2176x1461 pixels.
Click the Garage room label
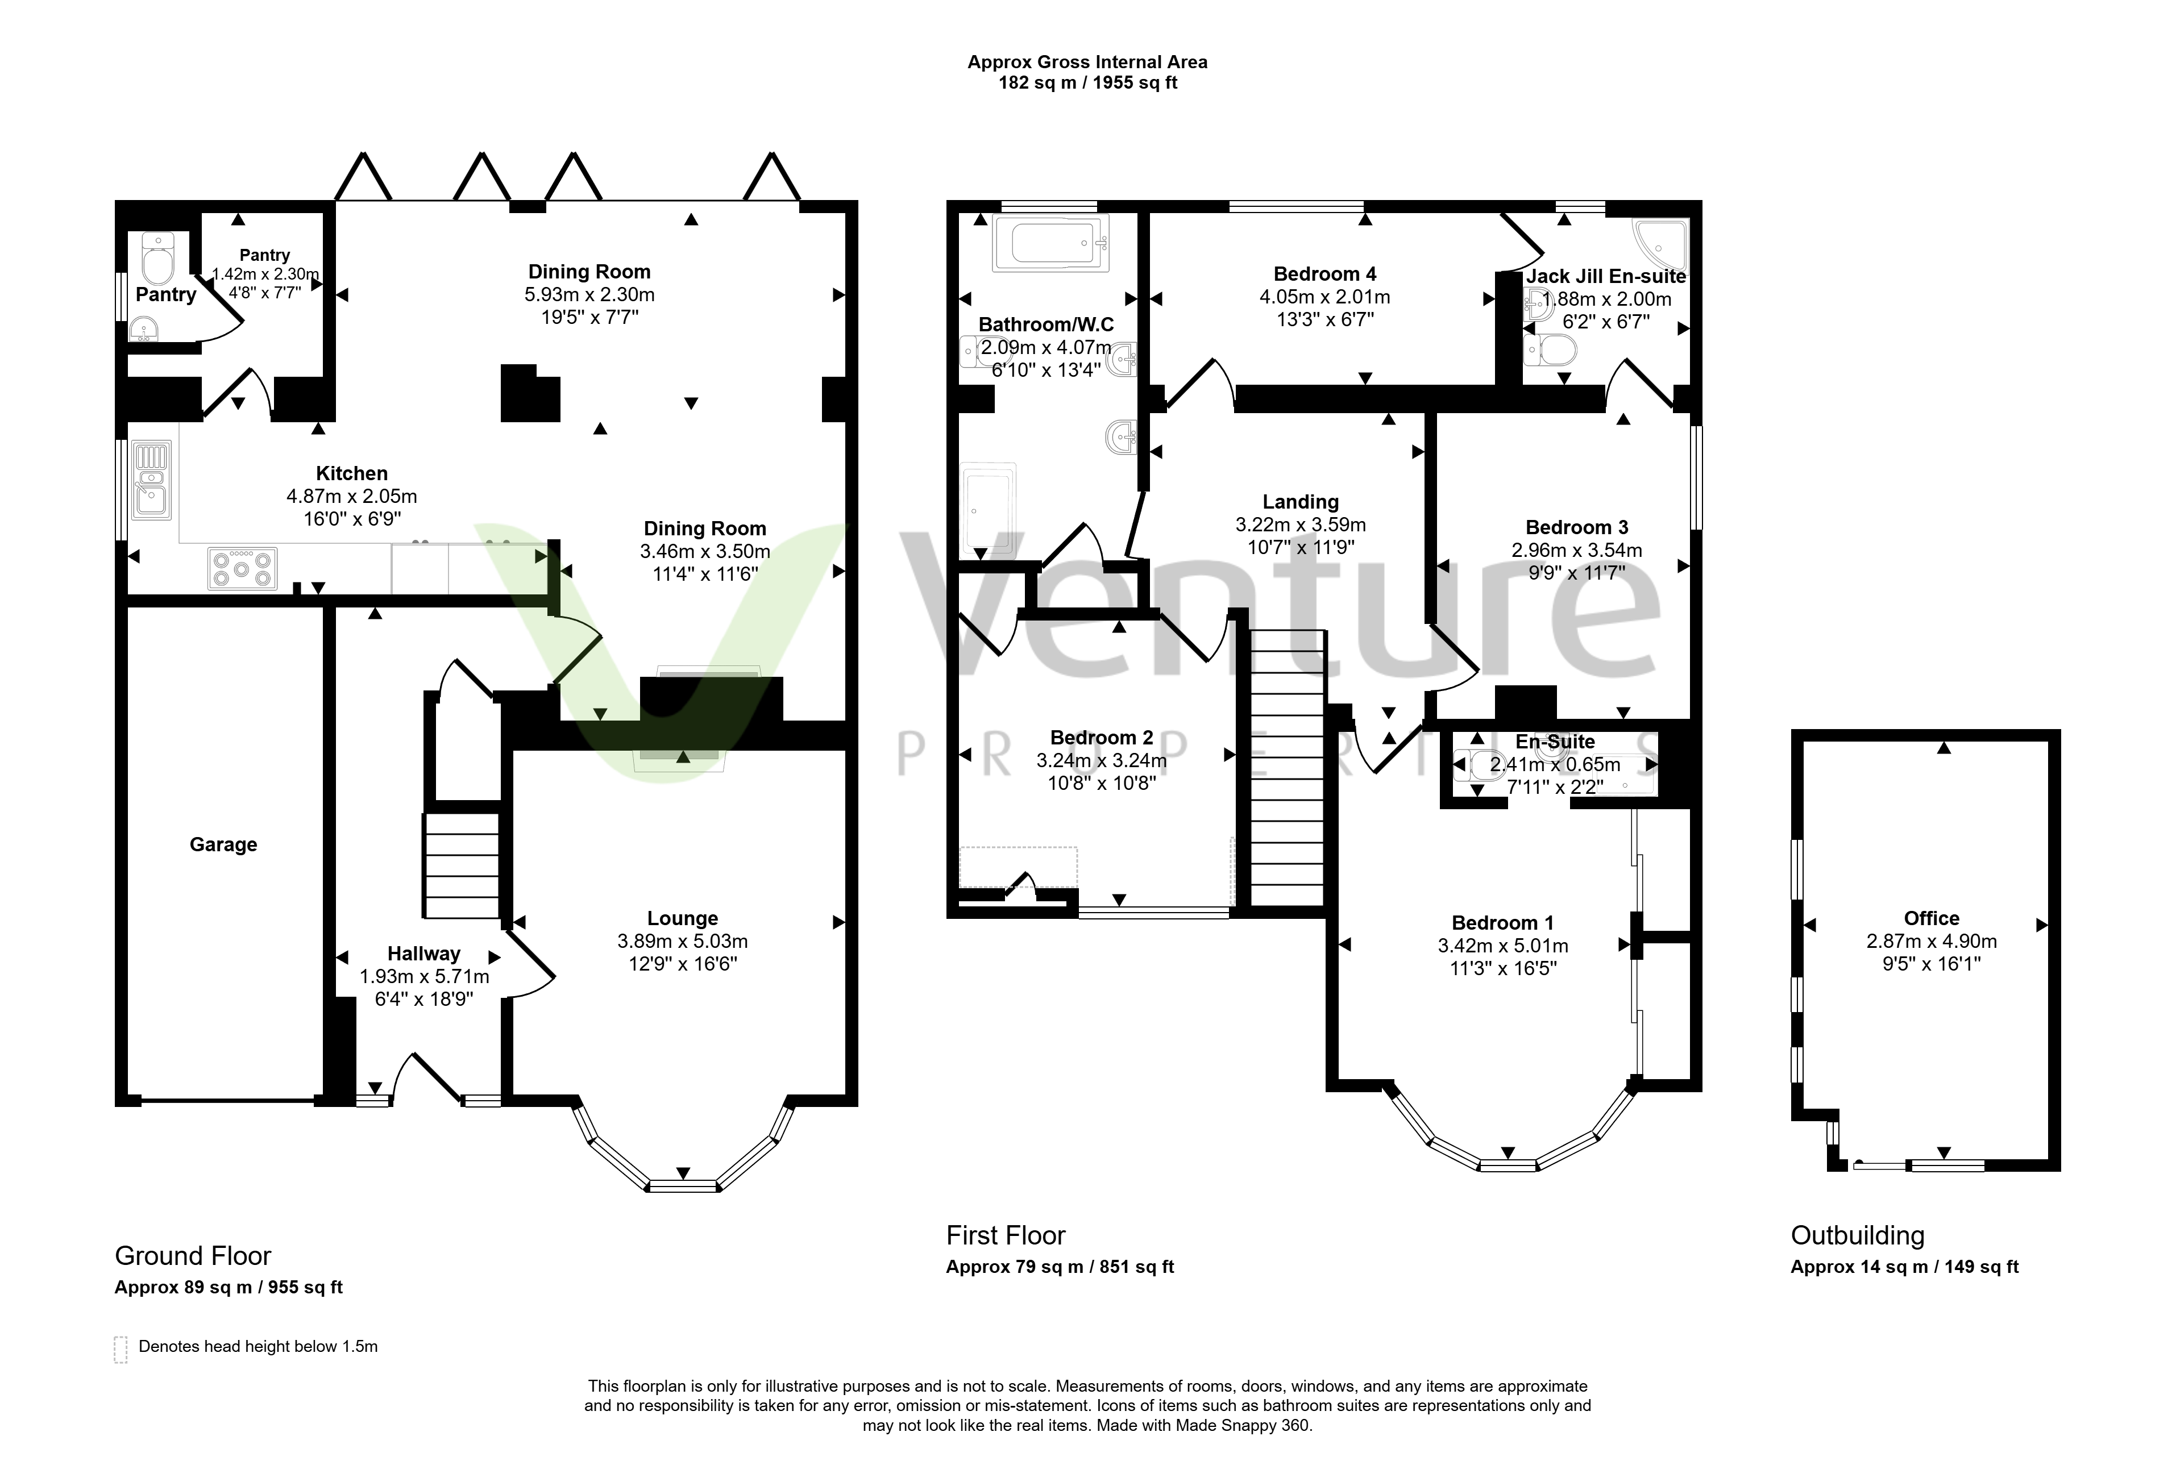click(223, 844)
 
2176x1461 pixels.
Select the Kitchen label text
click(351, 473)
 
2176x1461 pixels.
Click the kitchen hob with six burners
click(242, 568)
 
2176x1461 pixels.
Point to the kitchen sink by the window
click(152, 480)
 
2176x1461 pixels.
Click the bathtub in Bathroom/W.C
click(1051, 243)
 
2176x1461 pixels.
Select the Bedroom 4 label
click(1324, 274)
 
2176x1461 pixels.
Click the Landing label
click(1300, 502)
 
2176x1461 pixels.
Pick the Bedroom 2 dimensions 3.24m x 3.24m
click(1102, 760)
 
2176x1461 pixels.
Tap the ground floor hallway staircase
click(462, 865)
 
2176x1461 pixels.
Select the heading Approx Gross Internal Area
click(1087, 63)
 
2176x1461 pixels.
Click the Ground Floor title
click(193, 1256)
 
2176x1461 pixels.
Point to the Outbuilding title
click(1857, 1235)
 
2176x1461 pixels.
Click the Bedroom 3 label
click(1577, 527)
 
